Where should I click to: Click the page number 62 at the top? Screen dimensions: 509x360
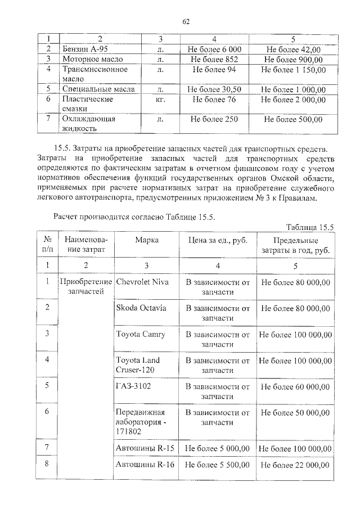[186, 22]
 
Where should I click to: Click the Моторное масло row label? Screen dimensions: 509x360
[93, 59]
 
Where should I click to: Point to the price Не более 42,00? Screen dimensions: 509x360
[293, 49]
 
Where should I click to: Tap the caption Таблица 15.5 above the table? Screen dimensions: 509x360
[310, 227]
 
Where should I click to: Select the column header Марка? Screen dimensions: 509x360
[147, 240]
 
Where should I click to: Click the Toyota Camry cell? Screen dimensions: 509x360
[141, 334]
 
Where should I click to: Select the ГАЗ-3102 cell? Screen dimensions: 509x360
[133, 386]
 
